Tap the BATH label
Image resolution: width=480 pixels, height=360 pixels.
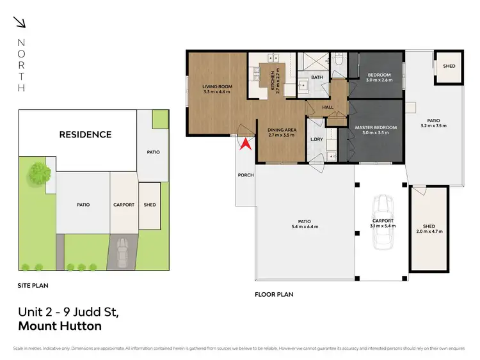317,77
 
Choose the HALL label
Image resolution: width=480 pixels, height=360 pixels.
328,107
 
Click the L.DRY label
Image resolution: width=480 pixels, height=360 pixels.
316,139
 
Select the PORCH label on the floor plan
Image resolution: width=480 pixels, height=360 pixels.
245,175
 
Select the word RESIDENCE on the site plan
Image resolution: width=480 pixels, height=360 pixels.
85,134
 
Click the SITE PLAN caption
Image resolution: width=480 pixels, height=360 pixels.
33,285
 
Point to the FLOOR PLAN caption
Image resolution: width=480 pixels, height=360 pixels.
274,295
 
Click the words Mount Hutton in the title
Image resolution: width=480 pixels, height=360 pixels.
60,326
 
